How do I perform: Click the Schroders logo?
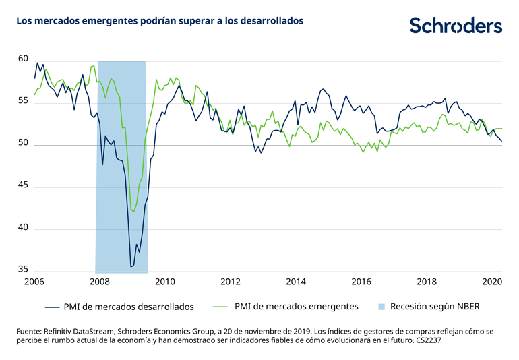click(x=456, y=25)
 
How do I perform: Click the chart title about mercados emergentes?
click(x=160, y=21)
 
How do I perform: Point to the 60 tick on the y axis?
click(x=23, y=59)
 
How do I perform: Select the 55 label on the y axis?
click(x=23, y=102)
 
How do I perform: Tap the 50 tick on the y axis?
click(x=23, y=144)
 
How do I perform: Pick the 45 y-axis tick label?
click(x=23, y=186)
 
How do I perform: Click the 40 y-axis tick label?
click(x=23, y=228)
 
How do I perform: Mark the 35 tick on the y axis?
click(x=23, y=270)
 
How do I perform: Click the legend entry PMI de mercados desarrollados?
click(x=129, y=307)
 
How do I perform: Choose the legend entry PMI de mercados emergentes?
click(x=296, y=307)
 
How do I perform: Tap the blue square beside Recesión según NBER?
click(x=381, y=307)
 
